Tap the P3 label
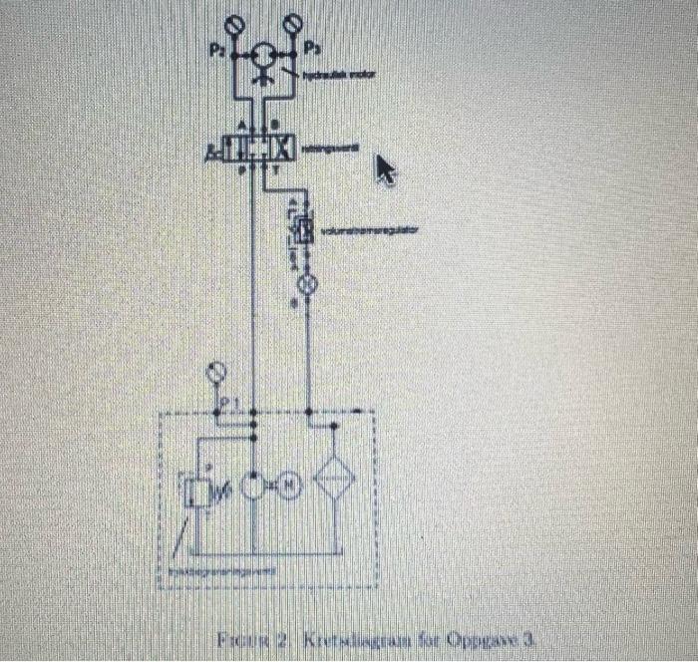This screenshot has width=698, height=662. [312, 49]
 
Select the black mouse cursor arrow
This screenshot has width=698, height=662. [384, 170]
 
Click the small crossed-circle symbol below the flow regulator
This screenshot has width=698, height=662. [307, 283]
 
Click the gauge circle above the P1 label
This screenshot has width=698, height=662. [215, 373]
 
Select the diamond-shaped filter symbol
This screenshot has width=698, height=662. [336, 482]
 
